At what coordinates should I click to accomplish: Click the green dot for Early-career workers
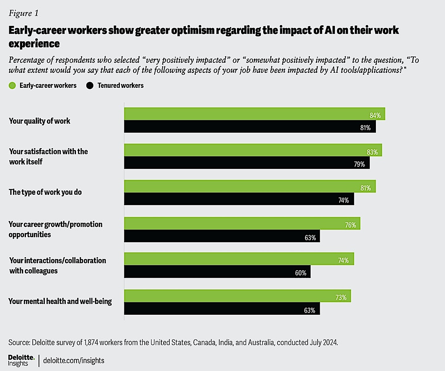12,86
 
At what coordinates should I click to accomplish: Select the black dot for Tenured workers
90,86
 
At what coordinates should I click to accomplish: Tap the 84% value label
375,116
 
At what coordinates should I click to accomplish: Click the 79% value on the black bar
359,164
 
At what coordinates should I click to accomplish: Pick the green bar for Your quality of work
247,114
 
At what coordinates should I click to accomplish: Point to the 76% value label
350,225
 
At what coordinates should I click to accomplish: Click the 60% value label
301,273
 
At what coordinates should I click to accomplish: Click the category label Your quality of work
40,121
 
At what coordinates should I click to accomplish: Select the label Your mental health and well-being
60,301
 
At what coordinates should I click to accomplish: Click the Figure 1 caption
23,13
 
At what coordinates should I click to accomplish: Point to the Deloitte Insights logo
21,360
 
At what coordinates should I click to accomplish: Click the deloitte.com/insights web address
74,360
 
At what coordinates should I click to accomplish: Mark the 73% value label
341,297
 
